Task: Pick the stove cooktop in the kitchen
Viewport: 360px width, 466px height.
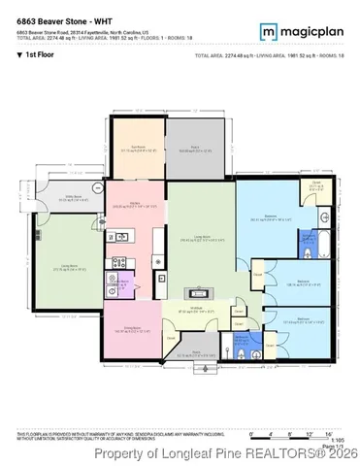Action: (x=120, y=261)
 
